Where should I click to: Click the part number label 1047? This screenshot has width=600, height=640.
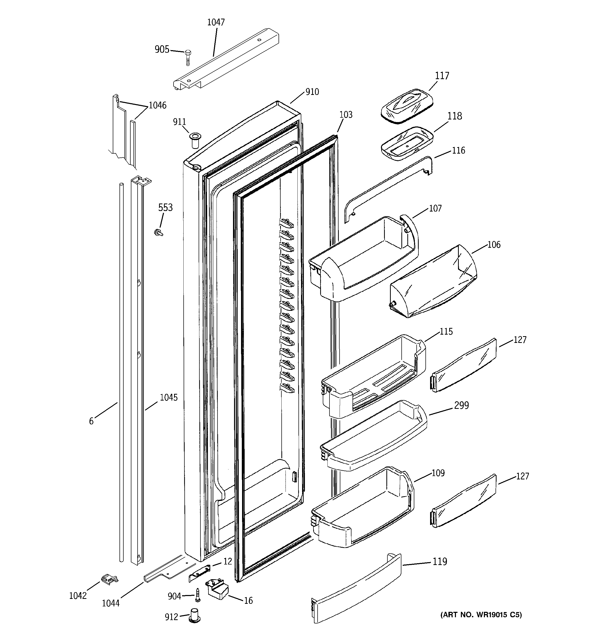point(216,22)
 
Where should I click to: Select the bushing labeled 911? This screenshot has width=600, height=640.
point(195,140)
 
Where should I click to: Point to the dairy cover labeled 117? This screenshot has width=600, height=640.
point(407,105)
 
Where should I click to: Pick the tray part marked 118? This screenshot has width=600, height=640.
point(407,143)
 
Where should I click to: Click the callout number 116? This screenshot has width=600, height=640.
point(458,150)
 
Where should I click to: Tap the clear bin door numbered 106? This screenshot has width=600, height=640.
point(433,283)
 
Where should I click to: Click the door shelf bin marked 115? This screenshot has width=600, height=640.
point(374,377)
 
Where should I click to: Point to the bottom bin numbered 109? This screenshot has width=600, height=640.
point(362,509)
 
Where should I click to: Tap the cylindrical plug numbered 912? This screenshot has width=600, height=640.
point(194,616)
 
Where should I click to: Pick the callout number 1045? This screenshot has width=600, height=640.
point(169,398)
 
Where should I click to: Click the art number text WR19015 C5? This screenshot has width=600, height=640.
point(481,615)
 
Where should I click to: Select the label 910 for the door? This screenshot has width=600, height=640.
point(312,92)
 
